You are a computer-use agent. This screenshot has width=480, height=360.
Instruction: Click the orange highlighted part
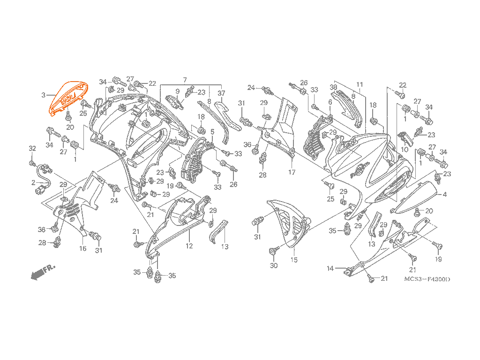pyautogui.click(x=69, y=98)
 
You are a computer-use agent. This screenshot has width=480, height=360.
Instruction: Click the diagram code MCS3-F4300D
pyautogui.click(x=427, y=279)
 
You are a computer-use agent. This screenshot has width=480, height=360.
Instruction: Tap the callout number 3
pyautogui.click(x=44, y=95)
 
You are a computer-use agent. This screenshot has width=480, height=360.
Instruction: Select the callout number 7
pyautogui.click(x=185, y=80)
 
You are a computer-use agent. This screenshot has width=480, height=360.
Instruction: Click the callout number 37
pyautogui.click(x=221, y=93)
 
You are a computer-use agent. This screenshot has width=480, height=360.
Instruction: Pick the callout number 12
pyautogui.click(x=189, y=246)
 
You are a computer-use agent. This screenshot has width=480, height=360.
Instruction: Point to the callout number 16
pyautogui.click(x=82, y=248)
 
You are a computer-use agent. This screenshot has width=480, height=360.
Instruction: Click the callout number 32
pyautogui.click(x=32, y=149)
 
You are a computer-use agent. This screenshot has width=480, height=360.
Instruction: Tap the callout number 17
pyautogui.click(x=292, y=172)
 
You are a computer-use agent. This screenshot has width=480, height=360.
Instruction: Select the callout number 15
pyautogui.click(x=294, y=260)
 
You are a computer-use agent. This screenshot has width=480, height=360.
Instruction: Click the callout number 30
pyautogui.click(x=274, y=265)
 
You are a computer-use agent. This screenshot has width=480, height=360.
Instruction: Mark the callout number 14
pyautogui.click(x=330, y=269)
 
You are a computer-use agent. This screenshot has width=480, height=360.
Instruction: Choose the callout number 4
pyautogui.click(x=444, y=195)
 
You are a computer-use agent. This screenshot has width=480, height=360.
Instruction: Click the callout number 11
pyautogui.click(x=360, y=84)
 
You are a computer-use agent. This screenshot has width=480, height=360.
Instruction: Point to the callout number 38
pyautogui.click(x=333, y=87)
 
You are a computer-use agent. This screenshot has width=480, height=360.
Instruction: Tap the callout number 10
pyautogui.click(x=405, y=150)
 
